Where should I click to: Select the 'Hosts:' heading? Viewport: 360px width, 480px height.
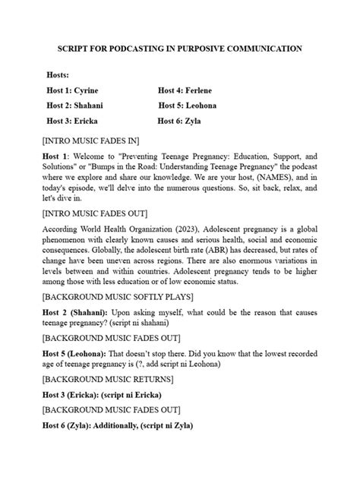58,75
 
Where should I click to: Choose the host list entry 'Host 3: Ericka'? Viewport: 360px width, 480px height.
72,121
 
